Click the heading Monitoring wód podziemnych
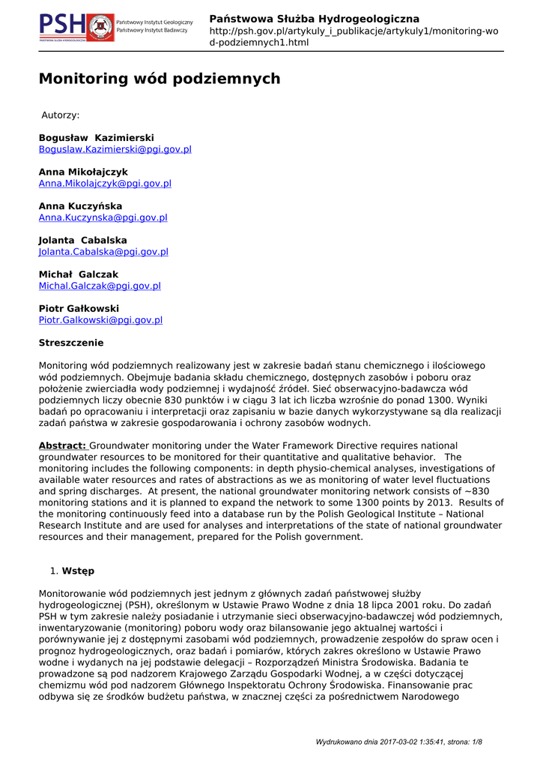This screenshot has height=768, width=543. [x=160, y=79]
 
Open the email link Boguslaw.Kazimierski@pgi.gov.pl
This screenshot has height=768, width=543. [x=115, y=149]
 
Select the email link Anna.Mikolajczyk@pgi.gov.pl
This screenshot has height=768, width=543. [x=105, y=183]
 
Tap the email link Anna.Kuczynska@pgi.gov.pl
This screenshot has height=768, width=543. [x=103, y=217]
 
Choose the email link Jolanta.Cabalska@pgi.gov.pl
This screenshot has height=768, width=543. [x=103, y=252]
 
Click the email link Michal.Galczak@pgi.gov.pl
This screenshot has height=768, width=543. [x=100, y=286]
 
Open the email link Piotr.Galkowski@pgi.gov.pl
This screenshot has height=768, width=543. [x=100, y=320]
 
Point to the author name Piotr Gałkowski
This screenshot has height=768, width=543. [x=79, y=308]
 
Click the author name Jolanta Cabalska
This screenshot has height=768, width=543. [x=82, y=240]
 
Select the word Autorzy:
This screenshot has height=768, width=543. [x=60, y=115]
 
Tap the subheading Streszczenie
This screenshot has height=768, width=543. [x=71, y=343]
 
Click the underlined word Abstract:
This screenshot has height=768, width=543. [x=62, y=445]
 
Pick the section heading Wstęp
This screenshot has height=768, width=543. [x=78, y=571]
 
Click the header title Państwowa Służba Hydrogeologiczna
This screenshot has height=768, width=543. [x=314, y=19]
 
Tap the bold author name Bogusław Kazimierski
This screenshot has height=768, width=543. [x=96, y=138]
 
